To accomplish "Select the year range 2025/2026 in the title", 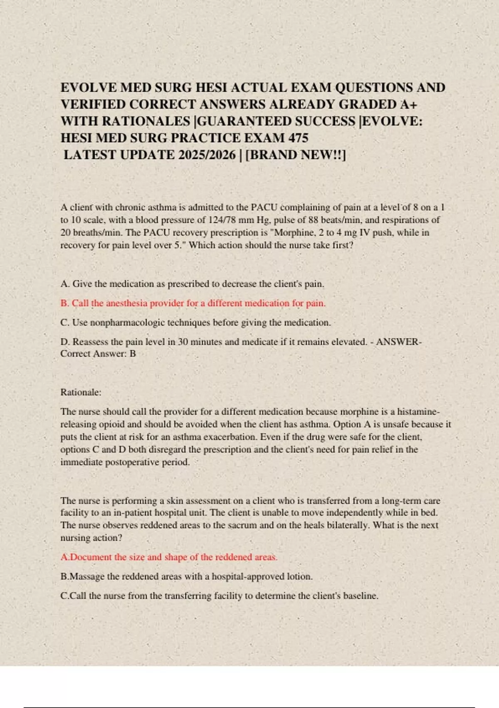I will (207, 155).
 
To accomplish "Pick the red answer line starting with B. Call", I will (193, 303).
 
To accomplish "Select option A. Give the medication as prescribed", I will (192, 284).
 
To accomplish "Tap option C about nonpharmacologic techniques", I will (195, 322).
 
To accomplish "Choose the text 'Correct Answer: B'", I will (98, 354).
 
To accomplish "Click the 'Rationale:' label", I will (81, 392).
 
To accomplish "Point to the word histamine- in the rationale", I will (418, 412).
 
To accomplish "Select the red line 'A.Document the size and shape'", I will (169, 557).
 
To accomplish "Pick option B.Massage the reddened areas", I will (186, 577).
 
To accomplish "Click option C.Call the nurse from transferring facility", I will (219, 596).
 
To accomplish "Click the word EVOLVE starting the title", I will (89, 88).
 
